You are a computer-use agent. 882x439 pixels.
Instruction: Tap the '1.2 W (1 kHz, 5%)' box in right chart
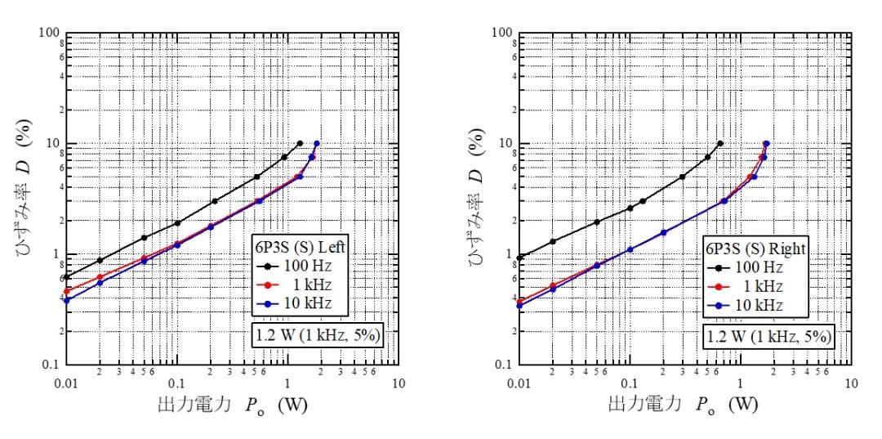pos(768,336)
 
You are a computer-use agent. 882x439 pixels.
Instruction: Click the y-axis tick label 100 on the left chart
pos(49,33)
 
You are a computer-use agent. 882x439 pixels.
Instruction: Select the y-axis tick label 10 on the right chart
pos(504,143)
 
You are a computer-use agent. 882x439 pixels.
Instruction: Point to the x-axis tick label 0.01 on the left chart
pos(66,383)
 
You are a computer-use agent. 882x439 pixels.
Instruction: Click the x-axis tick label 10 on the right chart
pos(850,383)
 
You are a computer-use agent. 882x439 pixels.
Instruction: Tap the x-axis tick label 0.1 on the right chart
pos(629,383)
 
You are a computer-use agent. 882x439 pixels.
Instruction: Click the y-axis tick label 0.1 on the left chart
pos(51,365)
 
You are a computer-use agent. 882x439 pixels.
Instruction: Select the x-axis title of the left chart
pos(232,405)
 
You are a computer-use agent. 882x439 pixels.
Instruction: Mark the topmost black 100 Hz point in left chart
pos(300,143)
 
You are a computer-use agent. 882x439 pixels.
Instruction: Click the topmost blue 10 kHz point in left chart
pos(317,143)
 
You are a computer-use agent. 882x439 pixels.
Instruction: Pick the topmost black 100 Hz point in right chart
pos(719,143)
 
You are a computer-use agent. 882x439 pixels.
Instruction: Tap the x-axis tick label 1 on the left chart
pos(287,383)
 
